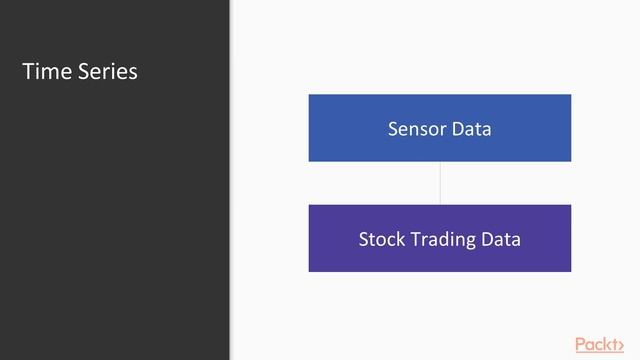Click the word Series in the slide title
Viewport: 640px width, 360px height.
click(108, 72)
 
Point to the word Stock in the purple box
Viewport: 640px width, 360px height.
click(380, 240)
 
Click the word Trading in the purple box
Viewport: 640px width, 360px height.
click(440, 241)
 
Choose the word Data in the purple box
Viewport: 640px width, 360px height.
click(499, 240)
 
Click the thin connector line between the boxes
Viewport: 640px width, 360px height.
click(440, 183)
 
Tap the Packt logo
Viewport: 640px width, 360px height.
click(599, 344)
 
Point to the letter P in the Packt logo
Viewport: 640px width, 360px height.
click(580, 344)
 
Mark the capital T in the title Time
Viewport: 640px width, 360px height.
click(28, 72)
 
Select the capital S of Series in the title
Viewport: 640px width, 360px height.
click(84, 72)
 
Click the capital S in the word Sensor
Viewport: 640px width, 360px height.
click(392, 129)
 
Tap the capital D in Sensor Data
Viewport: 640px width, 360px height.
click(454, 129)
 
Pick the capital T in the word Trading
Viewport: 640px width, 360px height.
click(411, 240)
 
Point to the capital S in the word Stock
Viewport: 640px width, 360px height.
click(363, 240)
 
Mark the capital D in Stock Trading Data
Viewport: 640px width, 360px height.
click(484, 240)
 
